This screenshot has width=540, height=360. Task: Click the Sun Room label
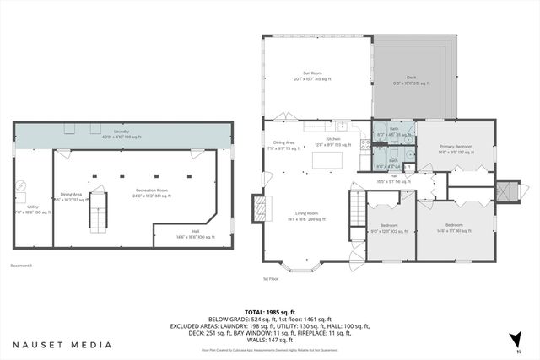click(310, 76)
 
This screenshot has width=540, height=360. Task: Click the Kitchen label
click(332, 142)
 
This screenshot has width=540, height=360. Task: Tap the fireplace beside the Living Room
click(260, 208)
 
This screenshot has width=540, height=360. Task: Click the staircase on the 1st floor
click(358, 205)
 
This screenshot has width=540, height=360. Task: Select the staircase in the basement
click(99, 210)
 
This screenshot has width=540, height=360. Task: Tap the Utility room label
click(33, 209)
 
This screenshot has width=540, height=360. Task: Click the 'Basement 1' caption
click(20, 266)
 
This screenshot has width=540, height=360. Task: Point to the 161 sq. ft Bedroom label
click(454, 228)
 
